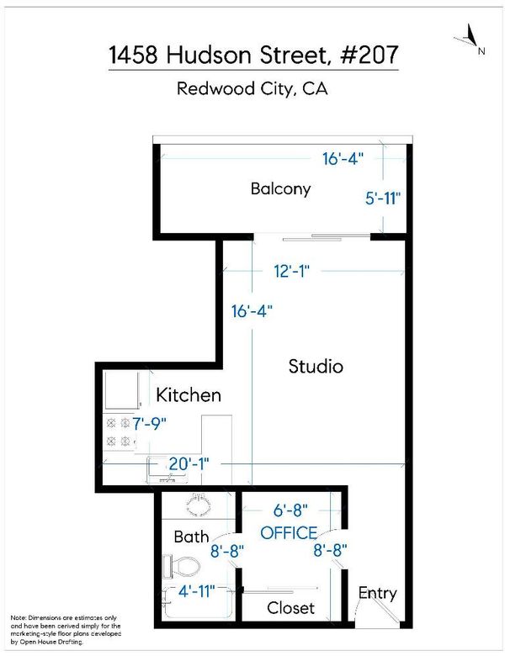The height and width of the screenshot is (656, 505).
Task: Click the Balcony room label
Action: click(280, 189)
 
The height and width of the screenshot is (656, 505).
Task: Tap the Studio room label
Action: click(316, 366)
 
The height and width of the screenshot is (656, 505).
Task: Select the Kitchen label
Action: click(189, 395)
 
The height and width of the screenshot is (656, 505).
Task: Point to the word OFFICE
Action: click(289, 533)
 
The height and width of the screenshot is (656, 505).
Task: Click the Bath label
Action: click(191, 537)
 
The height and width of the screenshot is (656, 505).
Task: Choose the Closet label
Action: click(290, 608)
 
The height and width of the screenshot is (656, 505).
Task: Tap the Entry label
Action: click(377, 594)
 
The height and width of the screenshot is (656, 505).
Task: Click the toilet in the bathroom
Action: click(181, 566)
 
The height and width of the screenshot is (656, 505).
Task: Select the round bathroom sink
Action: click(198, 505)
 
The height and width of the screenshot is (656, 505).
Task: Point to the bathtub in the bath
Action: click(198, 602)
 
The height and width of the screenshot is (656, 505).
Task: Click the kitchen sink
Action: click(162, 471)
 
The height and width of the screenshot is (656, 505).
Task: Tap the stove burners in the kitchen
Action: click(119, 431)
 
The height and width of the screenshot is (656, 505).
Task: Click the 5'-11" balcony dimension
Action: click(383, 198)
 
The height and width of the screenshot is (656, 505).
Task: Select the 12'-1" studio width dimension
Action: click(291, 271)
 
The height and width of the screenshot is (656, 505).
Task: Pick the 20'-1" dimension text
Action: click(189, 464)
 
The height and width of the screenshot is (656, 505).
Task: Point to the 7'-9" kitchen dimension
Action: click(150, 424)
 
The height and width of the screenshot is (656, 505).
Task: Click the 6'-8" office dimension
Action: click(290, 511)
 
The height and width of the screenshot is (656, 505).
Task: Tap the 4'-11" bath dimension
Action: click(196, 591)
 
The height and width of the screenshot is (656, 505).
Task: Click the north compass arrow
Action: click(470, 35)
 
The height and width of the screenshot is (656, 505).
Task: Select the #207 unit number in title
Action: click(369, 55)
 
